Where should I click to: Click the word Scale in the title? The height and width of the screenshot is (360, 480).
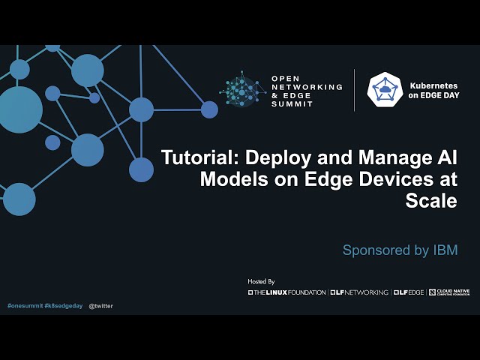(431, 200)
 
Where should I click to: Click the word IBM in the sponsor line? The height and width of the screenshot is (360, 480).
(445, 250)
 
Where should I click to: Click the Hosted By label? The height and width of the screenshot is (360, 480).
(261, 281)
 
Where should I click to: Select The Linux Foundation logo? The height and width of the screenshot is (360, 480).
(287, 292)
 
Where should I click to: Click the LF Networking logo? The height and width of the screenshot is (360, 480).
(359, 292)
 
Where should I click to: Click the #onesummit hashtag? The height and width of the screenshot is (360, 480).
(24, 306)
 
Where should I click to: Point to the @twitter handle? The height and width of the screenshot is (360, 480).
(101, 306)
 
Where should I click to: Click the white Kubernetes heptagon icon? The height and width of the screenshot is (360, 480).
(385, 90)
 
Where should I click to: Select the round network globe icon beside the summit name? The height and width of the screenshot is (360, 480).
(243, 90)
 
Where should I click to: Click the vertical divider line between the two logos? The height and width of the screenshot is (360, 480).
(355, 90)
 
